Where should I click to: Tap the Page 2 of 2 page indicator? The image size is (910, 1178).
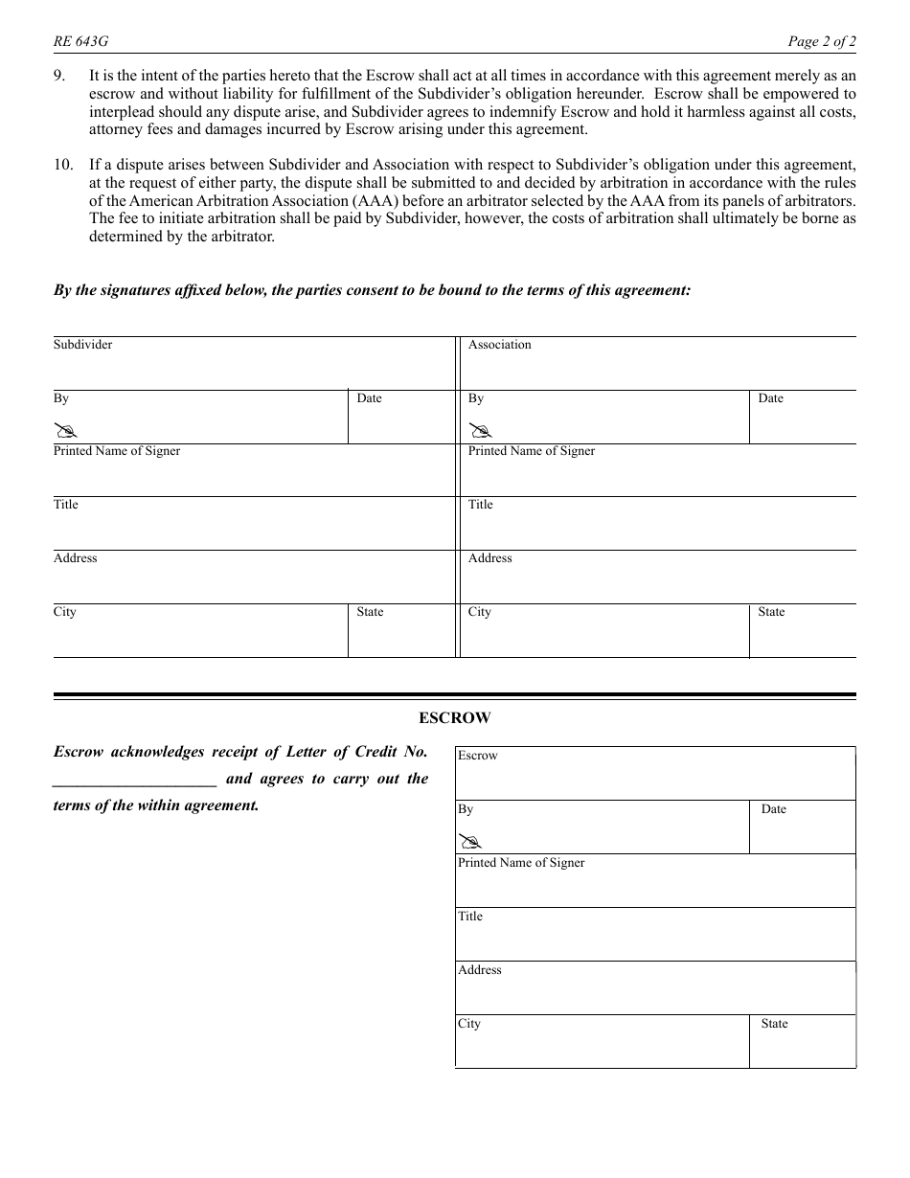pos(822,41)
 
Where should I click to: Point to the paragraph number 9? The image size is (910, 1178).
pos(59,75)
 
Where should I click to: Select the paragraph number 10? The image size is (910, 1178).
pos(63,165)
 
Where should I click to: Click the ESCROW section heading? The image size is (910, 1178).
pos(454,717)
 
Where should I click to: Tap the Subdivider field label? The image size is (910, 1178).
pos(82,345)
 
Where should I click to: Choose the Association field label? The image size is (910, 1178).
pos(499,345)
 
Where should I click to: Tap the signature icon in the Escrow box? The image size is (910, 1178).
pos(468,841)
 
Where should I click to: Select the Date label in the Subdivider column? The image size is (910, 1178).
pos(369,398)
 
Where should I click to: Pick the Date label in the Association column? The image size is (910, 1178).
pos(770,398)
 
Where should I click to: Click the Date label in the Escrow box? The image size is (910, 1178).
pos(773,809)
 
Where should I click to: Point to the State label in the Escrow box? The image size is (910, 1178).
pos(774,1024)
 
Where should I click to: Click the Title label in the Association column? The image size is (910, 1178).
pos(480,505)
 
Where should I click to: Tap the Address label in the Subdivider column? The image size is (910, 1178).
pos(75,558)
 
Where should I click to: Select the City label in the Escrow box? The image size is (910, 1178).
pos(468,1024)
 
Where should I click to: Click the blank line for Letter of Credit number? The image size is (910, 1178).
pos(135,780)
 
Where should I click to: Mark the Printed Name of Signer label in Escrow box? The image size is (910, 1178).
pos(520,863)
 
